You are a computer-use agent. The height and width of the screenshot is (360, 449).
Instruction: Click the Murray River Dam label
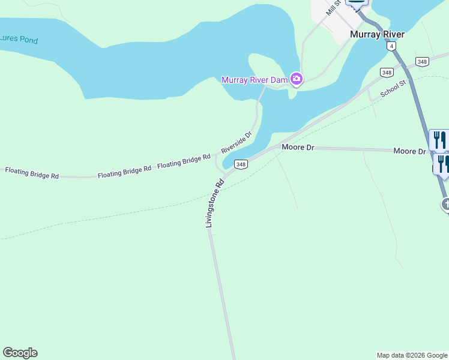pyautogui.click(x=255, y=80)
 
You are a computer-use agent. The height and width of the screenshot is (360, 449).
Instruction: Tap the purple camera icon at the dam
pyautogui.click(x=296, y=79)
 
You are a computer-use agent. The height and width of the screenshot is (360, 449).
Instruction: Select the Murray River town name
pyautogui.click(x=377, y=34)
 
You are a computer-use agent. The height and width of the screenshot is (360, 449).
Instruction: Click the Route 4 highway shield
pyautogui.click(x=391, y=46)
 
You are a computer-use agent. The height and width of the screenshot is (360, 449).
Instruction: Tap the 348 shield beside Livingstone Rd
pyautogui.click(x=241, y=164)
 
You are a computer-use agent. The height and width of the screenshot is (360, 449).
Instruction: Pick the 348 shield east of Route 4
pyautogui.click(x=423, y=62)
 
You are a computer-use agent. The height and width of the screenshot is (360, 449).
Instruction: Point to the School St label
pyautogui.click(x=394, y=89)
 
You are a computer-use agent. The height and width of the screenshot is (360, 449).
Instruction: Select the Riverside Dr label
pyautogui.click(x=236, y=142)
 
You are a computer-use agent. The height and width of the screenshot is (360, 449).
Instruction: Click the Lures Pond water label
pyautogui.click(x=19, y=40)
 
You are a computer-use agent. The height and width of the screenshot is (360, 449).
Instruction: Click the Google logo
pyautogui.click(x=20, y=353)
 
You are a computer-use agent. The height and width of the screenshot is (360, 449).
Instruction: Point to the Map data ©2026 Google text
pyautogui.click(x=412, y=355)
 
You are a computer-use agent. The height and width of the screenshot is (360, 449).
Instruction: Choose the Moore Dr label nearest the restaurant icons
pyautogui.click(x=409, y=151)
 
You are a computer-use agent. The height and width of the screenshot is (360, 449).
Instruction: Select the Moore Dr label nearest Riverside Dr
pyautogui.click(x=298, y=147)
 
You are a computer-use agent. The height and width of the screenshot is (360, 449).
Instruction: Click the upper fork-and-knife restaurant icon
pyautogui.click(x=439, y=140)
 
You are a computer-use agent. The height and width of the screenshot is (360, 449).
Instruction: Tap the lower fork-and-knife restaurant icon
pyautogui.click(x=442, y=163)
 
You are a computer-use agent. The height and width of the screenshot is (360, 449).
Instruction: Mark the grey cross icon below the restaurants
pyautogui.click(x=446, y=205)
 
